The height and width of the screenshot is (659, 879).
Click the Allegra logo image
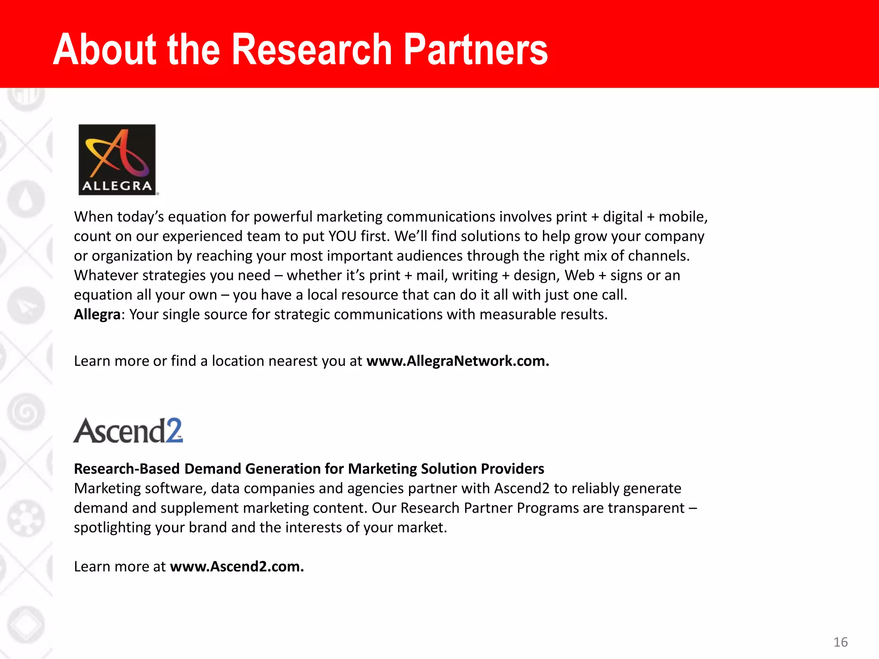coord(117,160)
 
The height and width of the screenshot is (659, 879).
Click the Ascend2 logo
coord(128,430)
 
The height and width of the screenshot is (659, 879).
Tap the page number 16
coord(840,642)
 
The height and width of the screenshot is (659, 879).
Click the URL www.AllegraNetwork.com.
coord(458,361)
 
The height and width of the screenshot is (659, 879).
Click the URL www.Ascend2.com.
coord(237,566)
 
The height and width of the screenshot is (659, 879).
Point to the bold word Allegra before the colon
coord(97,314)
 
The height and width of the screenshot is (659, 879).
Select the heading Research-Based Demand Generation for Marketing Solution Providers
coord(309,469)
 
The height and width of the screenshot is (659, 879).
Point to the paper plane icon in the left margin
coord(26,305)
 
